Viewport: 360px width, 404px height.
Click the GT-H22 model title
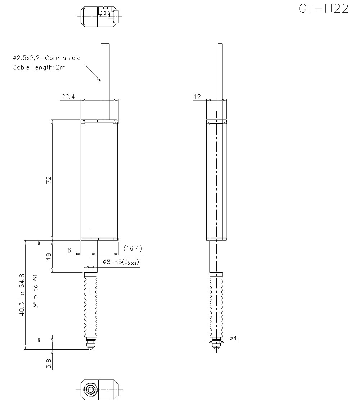pyautogui.click(x=323, y=9)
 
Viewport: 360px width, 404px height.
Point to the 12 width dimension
pyautogui.click(x=197, y=96)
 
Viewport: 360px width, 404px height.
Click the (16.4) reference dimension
pyautogui.click(x=132, y=248)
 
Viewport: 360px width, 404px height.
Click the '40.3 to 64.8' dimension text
pyautogui.click(x=22, y=295)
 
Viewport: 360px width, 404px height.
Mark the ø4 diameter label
pyautogui.click(x=233, y=338)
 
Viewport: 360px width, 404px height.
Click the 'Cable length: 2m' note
pyautogui.click(x=39, y=67)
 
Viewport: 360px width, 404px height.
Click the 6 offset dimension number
pyautogui.click(x=69, y=250)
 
